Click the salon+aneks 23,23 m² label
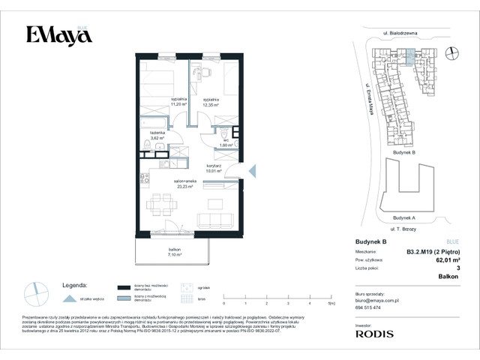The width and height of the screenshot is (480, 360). coord(184,184)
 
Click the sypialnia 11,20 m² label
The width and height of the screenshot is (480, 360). coord(178,102)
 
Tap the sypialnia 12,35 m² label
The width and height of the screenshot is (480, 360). coord(211,102)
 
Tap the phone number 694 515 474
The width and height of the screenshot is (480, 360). coord(367,308)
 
